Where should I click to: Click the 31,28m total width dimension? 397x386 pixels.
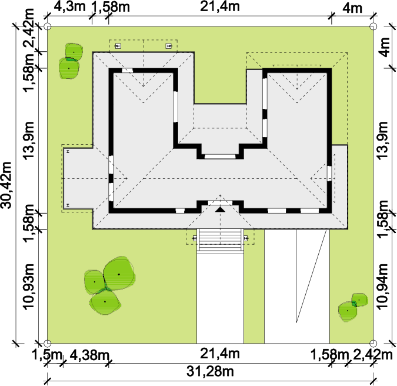[x=210, y=371]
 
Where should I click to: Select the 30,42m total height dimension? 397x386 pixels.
[x=6, y=185]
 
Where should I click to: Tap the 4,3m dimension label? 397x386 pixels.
[x=70, y=6]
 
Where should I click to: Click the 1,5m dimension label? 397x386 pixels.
[x=47, y=355]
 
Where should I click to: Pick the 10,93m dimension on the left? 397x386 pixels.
[x=28, y=287]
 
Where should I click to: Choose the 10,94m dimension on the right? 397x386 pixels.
[x=382, y=287]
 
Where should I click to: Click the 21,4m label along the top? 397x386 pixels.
[x=220, y=6]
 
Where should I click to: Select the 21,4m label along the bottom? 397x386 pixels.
[x=220, y=354]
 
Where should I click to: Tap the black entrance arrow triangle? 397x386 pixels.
[x=221, y=209]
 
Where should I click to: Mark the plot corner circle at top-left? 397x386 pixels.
[x=48, y=26]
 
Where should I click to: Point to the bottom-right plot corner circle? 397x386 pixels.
[x=373, y=344]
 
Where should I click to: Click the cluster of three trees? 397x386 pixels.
[x=109, y=286]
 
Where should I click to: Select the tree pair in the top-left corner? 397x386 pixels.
[x=71, y=61]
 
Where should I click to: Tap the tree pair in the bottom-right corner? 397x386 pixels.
[x=353, y=307]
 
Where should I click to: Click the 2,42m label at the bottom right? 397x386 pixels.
[x=372, y=355]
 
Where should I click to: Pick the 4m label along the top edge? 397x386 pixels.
[x=352, y=8]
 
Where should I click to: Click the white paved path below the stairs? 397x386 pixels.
[x=221, y=298]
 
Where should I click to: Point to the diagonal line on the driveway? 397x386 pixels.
[x=312, y=276]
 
